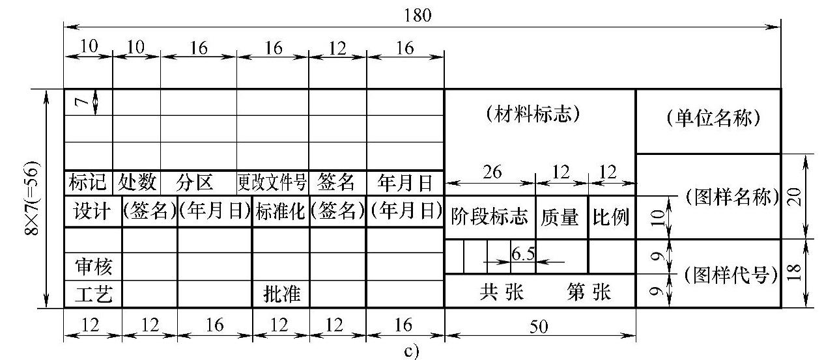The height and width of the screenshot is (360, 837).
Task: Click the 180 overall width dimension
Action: coord(418,16)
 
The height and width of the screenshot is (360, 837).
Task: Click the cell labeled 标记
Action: coord(88,183)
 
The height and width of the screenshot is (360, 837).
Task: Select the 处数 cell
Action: coord(137,183)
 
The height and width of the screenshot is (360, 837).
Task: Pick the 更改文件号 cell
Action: coord(272,183)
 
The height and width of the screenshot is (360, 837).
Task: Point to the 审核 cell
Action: coord(92,266)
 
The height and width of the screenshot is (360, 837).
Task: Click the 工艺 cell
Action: coord(92,295)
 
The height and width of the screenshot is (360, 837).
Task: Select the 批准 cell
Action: coord(281,295)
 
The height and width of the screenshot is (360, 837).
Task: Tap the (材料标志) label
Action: coord(533,116)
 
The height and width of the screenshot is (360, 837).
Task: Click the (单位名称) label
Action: coord(709,120)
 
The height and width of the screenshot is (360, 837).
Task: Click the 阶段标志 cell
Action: coord(489,217)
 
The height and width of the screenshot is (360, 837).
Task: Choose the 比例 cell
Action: coord(611,217)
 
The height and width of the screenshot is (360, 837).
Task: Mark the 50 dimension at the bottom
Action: coord(539,327)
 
